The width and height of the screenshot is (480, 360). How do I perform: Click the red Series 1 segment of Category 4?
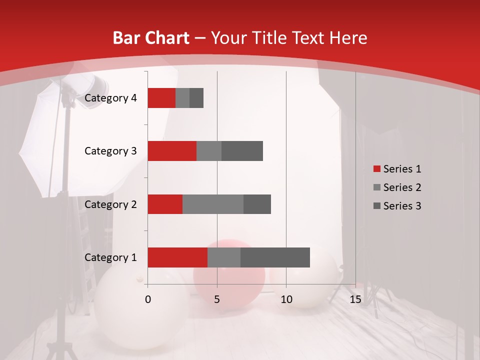coord(161,98)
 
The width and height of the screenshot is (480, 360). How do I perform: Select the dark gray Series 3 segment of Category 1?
coord(275,257)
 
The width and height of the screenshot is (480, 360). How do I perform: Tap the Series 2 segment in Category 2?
coord(213,204)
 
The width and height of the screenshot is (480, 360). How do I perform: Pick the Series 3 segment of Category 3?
coord(242,151)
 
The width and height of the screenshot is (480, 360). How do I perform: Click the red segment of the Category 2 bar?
coord(165,204)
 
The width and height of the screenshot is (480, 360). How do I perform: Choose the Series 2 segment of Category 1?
coord(224,257)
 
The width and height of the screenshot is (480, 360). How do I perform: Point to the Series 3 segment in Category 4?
coord(196,98)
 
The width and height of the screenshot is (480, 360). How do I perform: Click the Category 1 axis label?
coord(110,257)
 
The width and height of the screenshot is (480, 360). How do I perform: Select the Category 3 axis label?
coord(110,151)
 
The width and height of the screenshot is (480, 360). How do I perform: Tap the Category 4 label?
coord(110,98)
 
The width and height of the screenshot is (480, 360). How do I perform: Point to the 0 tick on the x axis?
coord(148,299)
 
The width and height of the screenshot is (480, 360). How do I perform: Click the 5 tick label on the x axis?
coord(217,299)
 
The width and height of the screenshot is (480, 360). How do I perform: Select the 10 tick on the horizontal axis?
coord(286,299)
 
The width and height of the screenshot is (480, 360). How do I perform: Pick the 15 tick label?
coord(355,299)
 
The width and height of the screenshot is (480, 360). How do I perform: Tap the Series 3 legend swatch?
coord(377,206)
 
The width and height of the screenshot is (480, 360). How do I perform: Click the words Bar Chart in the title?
coord(151,38)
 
